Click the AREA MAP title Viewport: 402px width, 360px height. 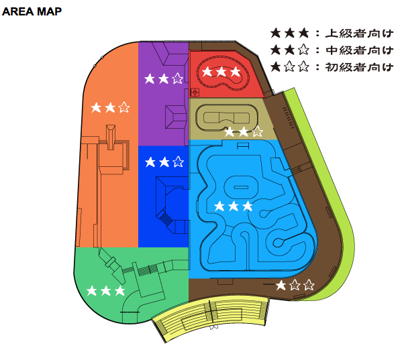[32, 11]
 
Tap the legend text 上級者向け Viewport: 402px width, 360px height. [359, 34]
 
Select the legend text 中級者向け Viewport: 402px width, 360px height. [359, 50]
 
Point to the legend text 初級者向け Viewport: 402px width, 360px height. [359, 67]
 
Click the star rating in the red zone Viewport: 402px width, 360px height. [221, 72]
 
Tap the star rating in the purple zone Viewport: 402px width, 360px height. [164, 78]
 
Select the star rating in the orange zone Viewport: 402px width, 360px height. [110, 107]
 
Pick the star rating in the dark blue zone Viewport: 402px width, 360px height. [164, 162]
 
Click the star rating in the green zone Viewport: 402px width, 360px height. [105, 291]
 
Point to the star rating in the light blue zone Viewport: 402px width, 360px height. [234, 206]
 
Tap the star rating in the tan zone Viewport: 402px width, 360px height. [244, 132]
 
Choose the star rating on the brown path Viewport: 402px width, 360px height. [295, 285]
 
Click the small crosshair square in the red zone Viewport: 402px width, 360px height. [195, 92]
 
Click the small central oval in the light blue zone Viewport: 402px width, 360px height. [241, 187]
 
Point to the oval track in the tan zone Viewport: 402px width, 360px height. [227, 118]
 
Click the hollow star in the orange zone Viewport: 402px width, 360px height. [124, 107]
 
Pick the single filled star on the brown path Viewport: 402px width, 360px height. [281, 285]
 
